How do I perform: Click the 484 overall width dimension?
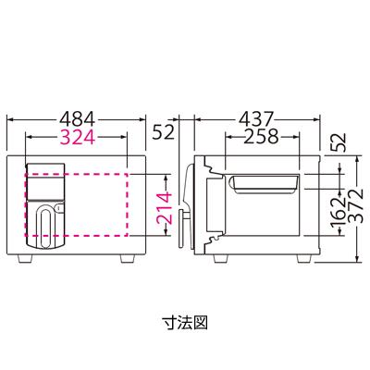pos(79,119)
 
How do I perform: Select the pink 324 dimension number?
pos(79,139)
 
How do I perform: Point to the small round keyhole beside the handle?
pos(59,209)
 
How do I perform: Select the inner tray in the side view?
pos(264,184)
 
